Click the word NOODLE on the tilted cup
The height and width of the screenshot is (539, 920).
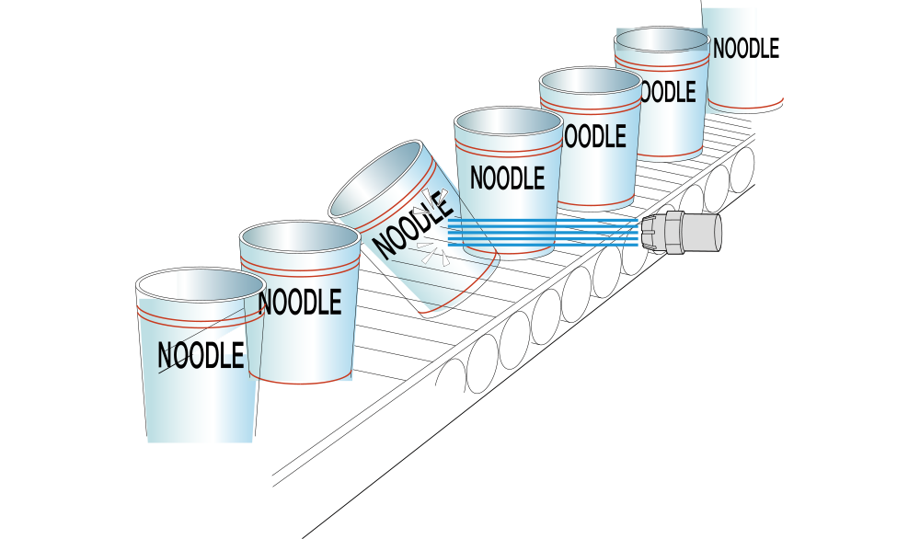point(414,224)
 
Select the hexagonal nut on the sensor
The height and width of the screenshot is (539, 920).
point(674,232)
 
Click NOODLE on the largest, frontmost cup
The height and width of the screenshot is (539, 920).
point(201,355)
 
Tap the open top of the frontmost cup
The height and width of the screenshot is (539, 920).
point(200,284)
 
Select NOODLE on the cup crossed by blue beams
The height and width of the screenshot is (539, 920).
point(507,178)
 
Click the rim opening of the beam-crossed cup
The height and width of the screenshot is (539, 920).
point(508,120)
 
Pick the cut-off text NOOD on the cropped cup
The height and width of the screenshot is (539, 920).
point(735,49)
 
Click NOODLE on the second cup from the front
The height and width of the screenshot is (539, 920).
point(300,303)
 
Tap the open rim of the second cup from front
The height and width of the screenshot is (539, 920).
point(299,235)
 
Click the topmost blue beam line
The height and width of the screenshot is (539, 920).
point(543,220)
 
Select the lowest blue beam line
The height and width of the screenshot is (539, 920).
point(543,245)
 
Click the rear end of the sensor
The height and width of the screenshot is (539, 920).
point(719,232)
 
